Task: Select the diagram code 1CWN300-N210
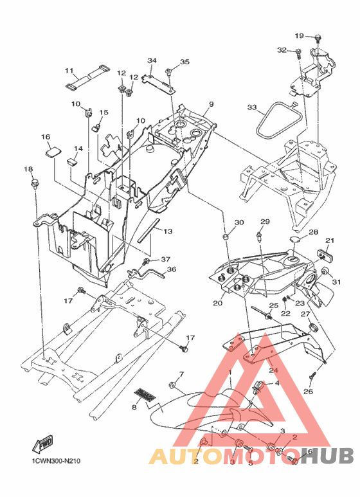[x=56, y=460]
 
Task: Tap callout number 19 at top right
[x=299, y=35]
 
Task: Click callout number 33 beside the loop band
[x=252, y=107]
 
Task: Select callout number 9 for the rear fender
[x=212, y=104]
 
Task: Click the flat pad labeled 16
[x=52, y=151]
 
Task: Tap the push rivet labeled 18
[x=34, y=183]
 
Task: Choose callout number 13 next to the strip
[x=168, y=231]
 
